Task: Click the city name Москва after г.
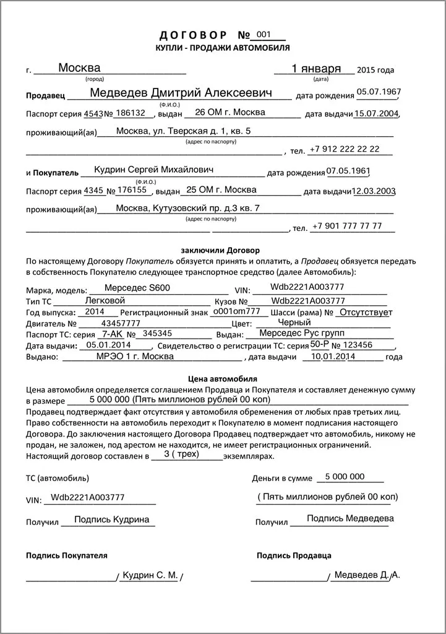point(79,67)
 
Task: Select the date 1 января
point(315,69)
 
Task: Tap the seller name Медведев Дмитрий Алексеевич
point(181,93)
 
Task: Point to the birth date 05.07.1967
point(378,92)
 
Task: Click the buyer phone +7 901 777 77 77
point(346,226)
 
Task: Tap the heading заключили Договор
point(220,250)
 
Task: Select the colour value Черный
point(294,323)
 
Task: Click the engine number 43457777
point(120,323)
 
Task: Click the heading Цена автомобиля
point(222,378)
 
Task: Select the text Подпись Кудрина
point(111,520)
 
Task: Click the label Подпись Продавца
point(294,555)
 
